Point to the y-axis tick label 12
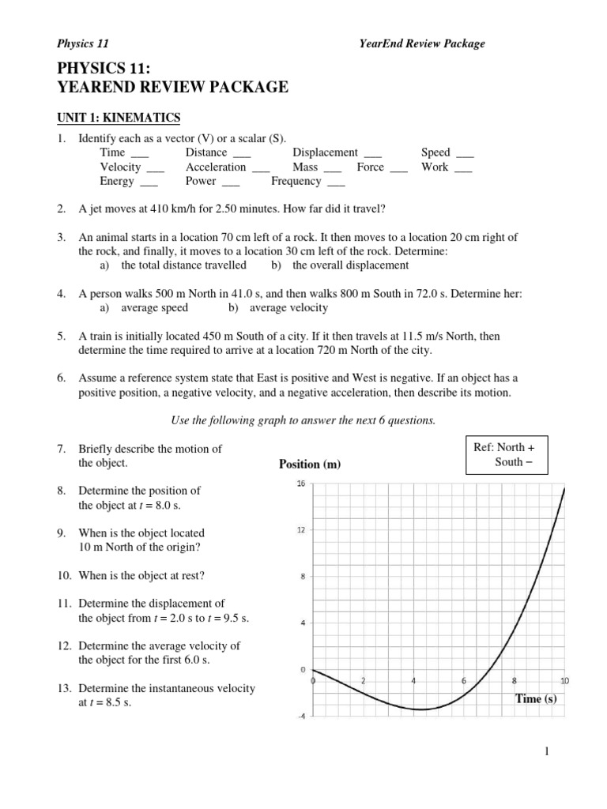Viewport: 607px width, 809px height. click(300, 530)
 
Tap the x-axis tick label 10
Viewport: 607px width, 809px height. click(564, 680)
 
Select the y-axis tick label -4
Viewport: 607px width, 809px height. click(300, 717)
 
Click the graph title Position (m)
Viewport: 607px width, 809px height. click(309, 465)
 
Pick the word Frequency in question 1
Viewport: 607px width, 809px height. click(296, 181)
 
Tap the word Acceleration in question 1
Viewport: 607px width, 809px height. click(216, 167)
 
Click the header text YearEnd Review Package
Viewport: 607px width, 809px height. click(422, 43)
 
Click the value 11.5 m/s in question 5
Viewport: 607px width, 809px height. click(420, 336)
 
